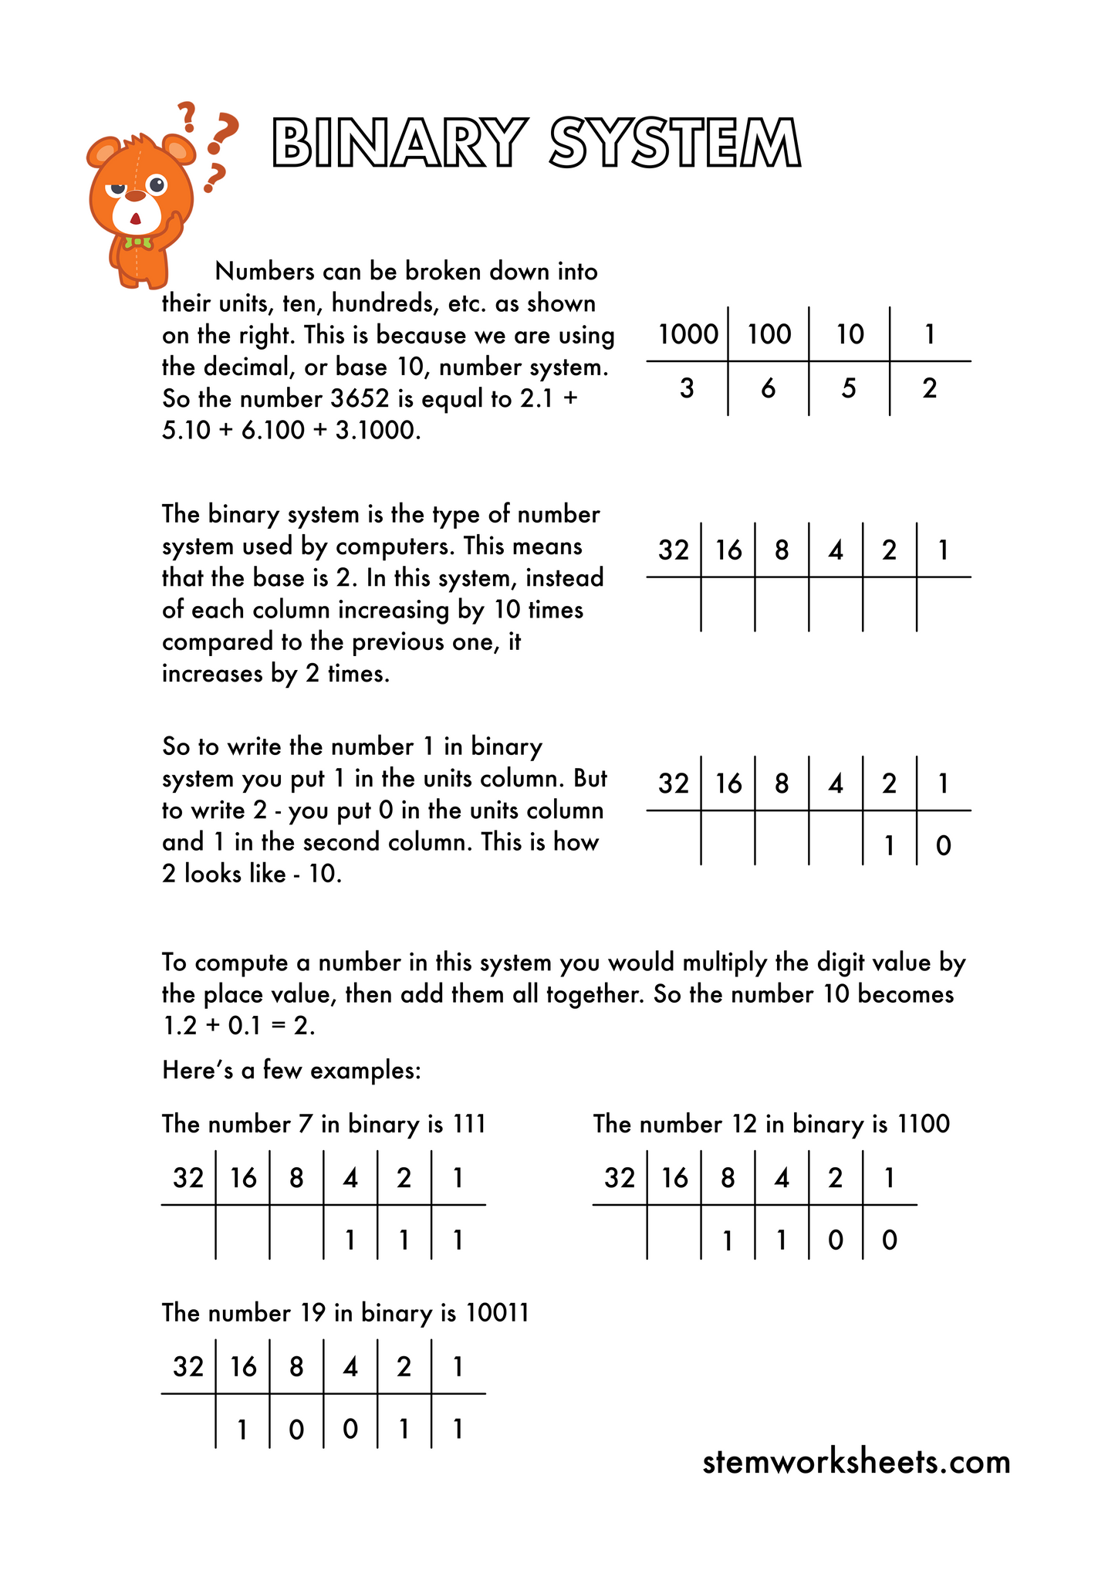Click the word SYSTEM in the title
tap(676, 143)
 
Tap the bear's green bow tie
tap(139, 243)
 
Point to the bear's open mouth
tap(135, 219)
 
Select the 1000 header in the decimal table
tap(688, 334)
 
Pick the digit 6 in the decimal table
tap(768, 388)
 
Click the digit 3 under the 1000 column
tap(687, 388)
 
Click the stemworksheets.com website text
tap(857, 1462)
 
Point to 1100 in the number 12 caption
tap(924, 1124)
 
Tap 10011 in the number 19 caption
tap(498, 1313)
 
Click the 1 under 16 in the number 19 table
tap(242, 1430)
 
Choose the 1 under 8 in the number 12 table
tap(727, 1240)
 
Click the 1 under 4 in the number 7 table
tap(350, 1240)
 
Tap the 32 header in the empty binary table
tap(673, 550)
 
